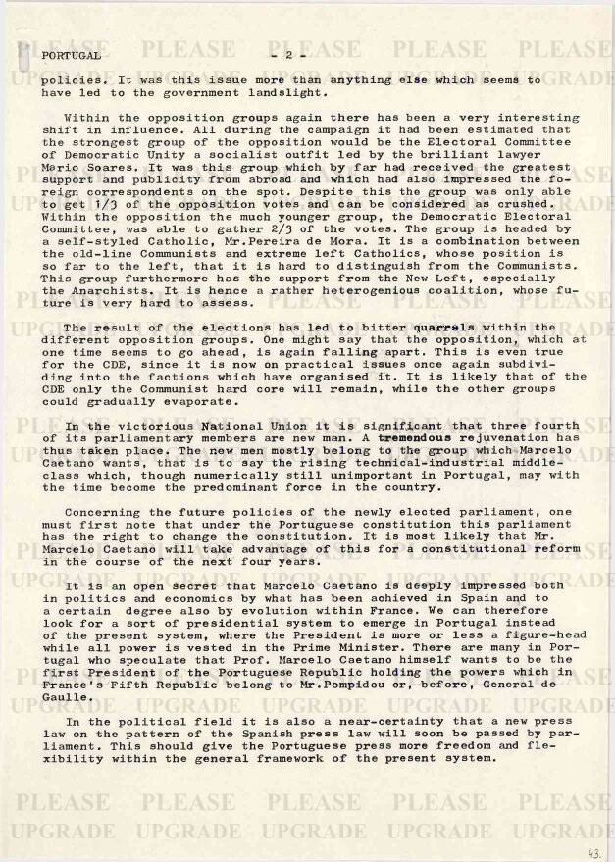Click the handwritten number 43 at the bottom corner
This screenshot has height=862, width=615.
coord(593,852)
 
